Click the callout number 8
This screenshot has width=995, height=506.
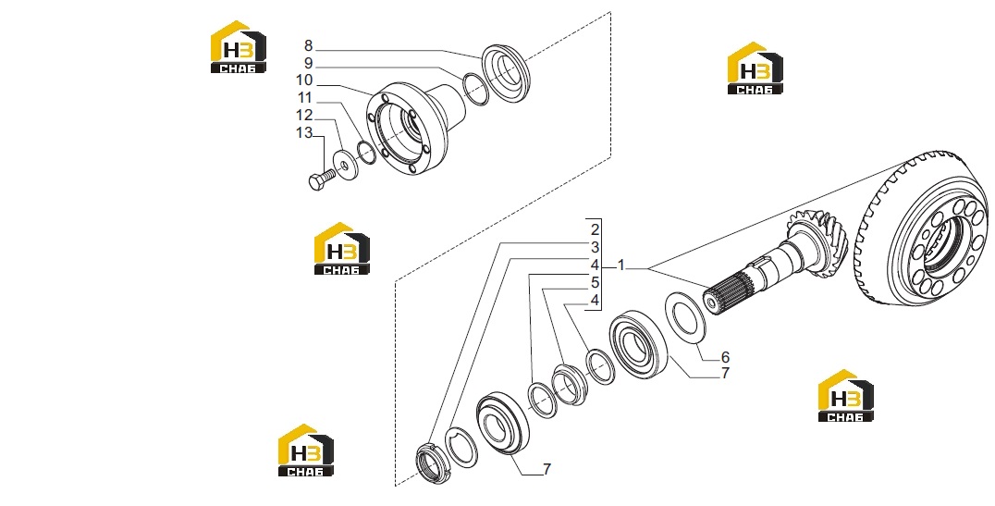coord(309,45)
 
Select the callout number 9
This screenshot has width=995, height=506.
coord(309,64)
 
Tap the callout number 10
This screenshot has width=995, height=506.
coord(304,80)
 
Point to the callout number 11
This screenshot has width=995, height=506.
coord(304,98)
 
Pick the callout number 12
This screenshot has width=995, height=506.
coord(304,115)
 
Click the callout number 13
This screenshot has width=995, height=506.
coord(304,132)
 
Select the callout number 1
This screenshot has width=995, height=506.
coord(621,265)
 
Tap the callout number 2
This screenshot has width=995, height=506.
coord(595,229)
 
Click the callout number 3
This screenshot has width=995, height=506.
coord(595,247)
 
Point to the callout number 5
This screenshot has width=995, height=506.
coord(595,282)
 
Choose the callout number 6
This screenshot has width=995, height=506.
coord(725,357)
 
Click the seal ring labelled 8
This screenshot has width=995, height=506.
coord(505,73)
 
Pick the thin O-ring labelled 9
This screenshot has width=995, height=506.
coord(476,89)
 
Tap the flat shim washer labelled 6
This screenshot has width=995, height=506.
coord(684,316)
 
